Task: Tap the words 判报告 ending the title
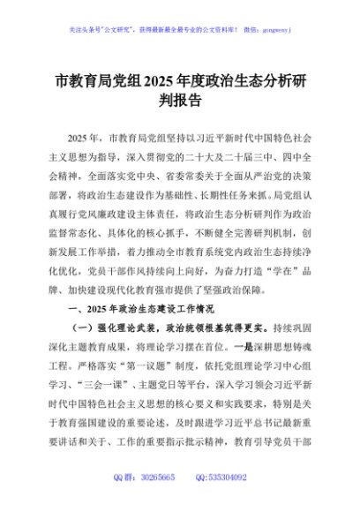pos(180,101)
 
